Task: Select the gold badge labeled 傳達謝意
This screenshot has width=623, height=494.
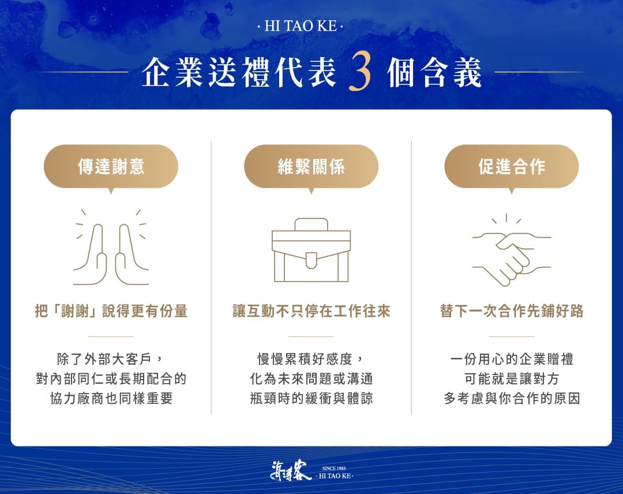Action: pyautogui.click(x=111, y=166)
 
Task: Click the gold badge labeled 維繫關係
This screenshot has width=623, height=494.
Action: pyautogui.click(x=311, y=166)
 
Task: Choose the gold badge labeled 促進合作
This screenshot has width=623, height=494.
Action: pyautogui.click(x=511, y=166)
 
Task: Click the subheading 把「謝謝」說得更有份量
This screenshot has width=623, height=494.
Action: pyautogui.click(x=111, y=311)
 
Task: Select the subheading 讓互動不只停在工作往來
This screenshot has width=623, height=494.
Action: pyautogui.click(x=311, y=311)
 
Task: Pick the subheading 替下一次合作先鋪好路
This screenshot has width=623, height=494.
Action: pyautogui.click(x=511, y=311)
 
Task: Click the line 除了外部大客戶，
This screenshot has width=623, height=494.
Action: pyautogui.click(x=111, y=359)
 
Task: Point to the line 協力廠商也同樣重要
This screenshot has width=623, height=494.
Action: pyautogui.click(x=111, y=399)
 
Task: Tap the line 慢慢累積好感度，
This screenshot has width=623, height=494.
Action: pyautogui.click(x=311, y=359)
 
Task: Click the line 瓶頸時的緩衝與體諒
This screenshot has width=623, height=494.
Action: pyautogui.click(x=311, y=399)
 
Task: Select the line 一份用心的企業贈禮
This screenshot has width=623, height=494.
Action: pyautogui.click(x=511, y=359)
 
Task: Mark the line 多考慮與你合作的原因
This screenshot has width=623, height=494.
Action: pyautogui.click(x=511, y=399)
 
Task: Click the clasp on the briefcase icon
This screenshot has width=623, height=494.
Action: pyautogui.click(x=311, y=261)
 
